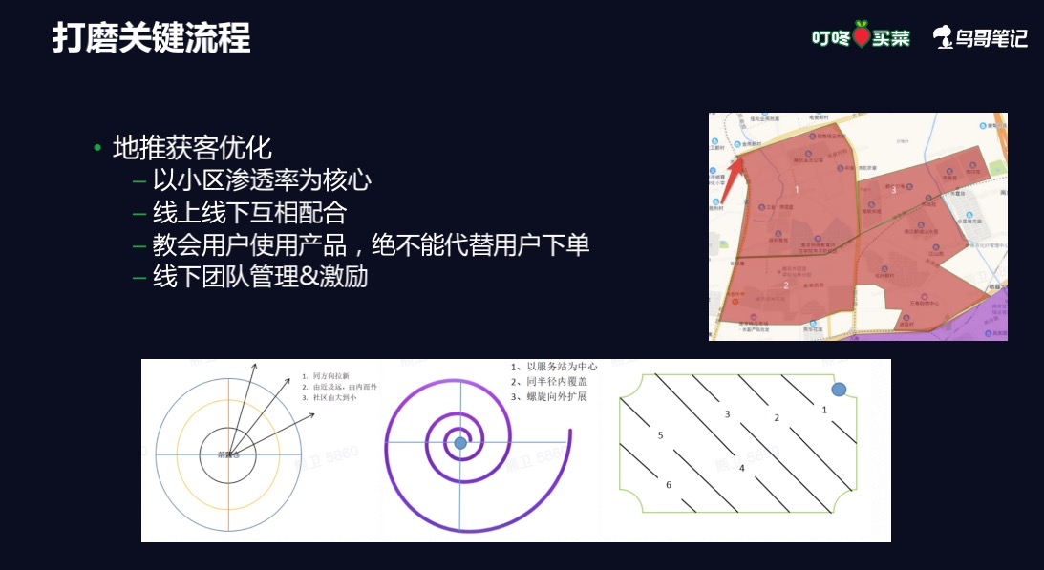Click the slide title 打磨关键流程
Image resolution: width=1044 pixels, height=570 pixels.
tap(151, 38)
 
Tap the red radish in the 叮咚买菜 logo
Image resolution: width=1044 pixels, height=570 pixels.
tap(863, 35)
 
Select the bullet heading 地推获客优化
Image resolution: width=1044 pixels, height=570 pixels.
tap(192, 148)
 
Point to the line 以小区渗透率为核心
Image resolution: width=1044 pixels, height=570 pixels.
tap(262, 179)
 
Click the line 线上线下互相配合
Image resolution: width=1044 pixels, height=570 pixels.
tap(249, 211)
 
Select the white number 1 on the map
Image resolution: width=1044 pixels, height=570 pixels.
tap(796, 190)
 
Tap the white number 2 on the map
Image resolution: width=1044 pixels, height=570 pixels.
tap(785, 285)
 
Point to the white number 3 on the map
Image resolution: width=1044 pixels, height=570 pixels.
tap(893, 190)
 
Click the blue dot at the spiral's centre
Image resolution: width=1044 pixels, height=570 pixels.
tap(460, 443)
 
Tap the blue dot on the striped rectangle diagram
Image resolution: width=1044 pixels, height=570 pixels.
tap(839, 390)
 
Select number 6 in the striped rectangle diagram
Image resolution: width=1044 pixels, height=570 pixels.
tap(669, 485)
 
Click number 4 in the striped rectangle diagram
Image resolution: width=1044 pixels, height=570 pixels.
tap(741, 468)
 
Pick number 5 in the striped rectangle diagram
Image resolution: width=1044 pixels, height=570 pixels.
tap(660, 435)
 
